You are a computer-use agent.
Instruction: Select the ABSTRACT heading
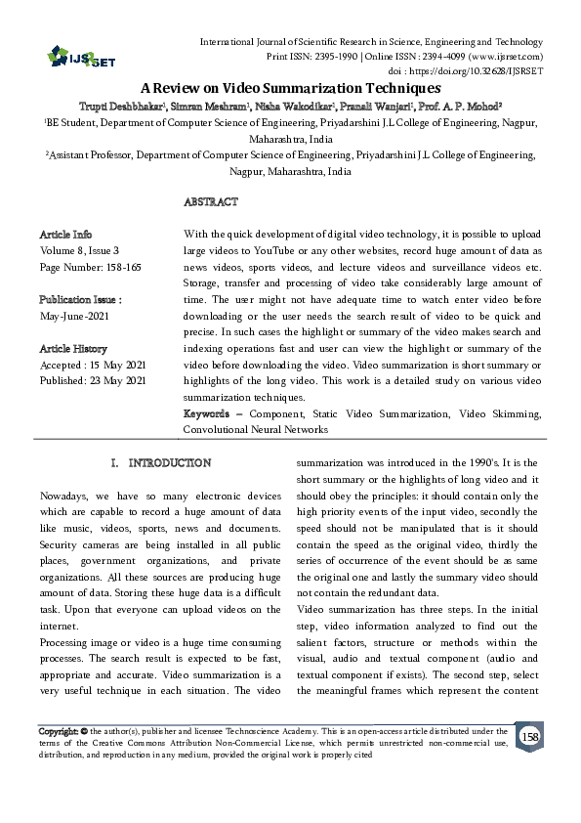210,201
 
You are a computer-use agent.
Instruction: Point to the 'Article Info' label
65,235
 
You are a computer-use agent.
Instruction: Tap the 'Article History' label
73,349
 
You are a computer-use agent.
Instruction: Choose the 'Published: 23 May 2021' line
92,379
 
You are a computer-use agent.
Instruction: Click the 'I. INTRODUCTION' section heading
160,461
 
